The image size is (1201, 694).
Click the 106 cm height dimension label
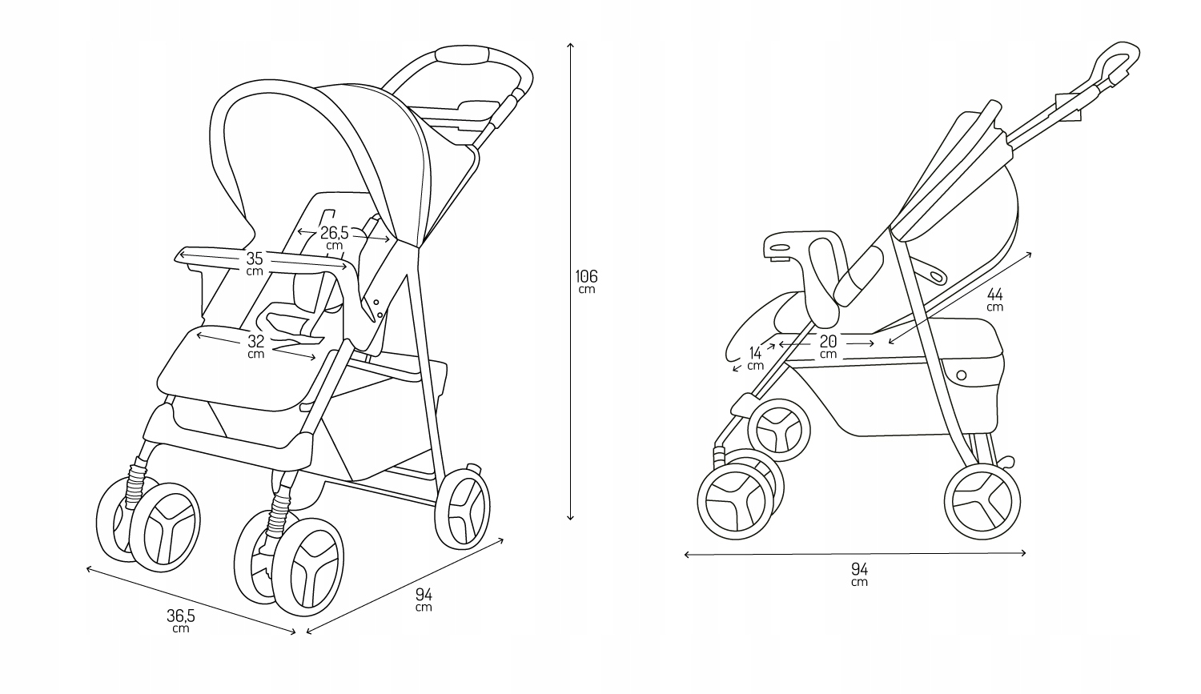(586, 280)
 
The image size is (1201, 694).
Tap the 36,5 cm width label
(181, 620)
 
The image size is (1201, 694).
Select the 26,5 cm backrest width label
(334, 237)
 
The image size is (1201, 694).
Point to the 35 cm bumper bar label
(255, 263)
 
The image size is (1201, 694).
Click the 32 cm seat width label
(255, 345)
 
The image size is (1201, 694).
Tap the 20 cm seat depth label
(828, 346)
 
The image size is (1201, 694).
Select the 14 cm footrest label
(755, 357)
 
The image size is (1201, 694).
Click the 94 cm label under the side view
(859, 574)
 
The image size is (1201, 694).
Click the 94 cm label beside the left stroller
(424, 599)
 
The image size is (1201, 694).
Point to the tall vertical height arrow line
(570, 280)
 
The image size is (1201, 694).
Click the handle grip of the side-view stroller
(1115, 65)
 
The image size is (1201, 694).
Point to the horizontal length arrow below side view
(855, 553)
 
